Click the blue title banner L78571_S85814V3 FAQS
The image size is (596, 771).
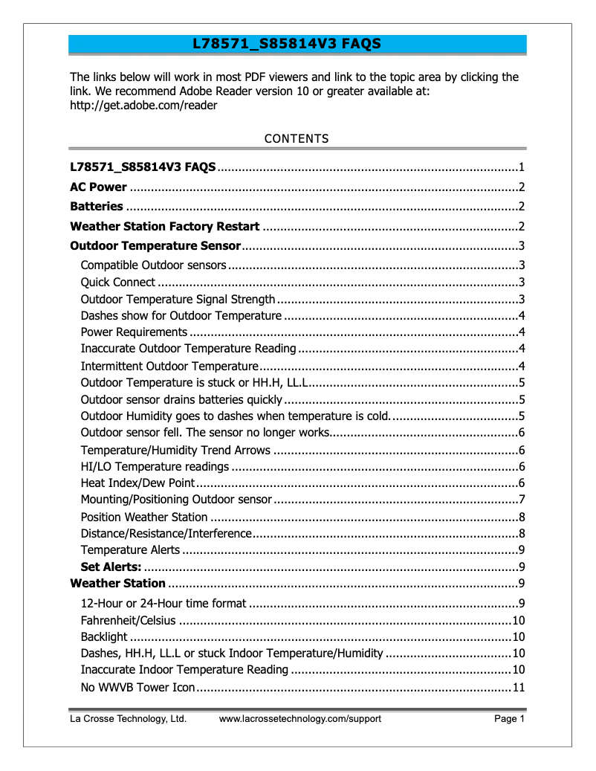coord(297,44)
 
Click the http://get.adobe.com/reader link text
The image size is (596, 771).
coord(143,105)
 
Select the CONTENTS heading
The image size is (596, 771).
coord(297,138)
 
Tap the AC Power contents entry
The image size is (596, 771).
coord(98,187)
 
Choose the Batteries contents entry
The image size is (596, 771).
coord(96,206)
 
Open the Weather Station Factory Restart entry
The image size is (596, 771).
coord(164,226)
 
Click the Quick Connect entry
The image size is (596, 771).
coord(117,282)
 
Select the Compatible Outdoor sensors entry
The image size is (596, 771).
coord(153,265)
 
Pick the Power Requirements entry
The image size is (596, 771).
coord(134,332)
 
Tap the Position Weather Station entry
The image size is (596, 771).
coord(144,517)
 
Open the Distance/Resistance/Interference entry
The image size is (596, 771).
coord(166,533)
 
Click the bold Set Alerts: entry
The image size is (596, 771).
coord(111,567)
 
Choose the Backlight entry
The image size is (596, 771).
coord(104,636)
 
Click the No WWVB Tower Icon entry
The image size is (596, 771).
coord(137,686)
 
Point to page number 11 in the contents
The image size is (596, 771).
coord(519,686)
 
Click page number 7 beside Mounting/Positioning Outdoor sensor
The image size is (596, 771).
coord(522,500)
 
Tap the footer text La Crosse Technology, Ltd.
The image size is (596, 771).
coord(128,718)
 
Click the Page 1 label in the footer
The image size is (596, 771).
coord(510,718)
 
